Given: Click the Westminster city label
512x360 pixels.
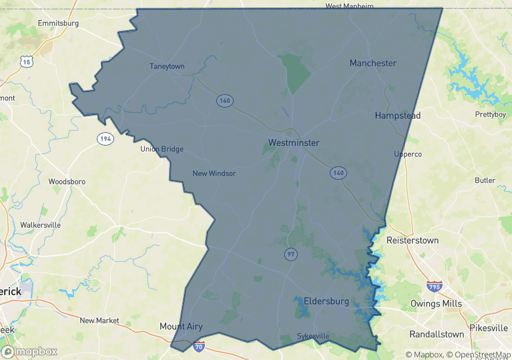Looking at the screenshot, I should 294,143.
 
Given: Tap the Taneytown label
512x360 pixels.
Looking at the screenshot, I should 167,66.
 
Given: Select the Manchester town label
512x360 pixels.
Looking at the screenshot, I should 373,63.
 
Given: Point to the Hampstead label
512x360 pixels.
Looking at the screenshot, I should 398,116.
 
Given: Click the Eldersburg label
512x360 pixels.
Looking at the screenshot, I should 326,301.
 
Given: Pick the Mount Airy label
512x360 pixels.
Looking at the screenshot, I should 181,327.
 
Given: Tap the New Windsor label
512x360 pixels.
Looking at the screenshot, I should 214,174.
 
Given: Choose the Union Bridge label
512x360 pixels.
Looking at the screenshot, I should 162,149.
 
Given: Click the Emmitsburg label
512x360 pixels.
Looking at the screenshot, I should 59,23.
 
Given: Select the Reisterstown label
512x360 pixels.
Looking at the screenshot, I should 412,240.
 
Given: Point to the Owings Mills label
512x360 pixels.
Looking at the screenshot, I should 436,303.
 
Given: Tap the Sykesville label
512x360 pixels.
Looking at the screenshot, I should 314,336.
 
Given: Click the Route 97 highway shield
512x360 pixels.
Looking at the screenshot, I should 290,254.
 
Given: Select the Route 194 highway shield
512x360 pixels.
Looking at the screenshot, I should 105,139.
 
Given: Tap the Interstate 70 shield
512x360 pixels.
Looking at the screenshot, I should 198,346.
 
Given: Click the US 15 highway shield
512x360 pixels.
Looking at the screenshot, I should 27,61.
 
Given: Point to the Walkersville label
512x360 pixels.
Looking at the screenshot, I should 41,225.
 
